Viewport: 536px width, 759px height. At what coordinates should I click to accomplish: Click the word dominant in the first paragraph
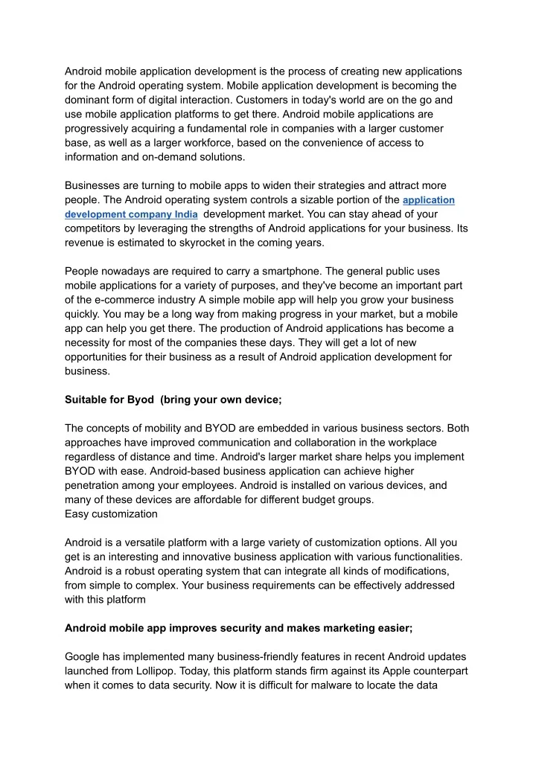tap(89, 100)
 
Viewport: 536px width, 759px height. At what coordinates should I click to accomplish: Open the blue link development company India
tap(131, 214)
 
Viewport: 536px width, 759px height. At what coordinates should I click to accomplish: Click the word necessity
tap(90, 342)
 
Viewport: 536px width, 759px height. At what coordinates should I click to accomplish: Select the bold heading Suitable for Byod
tap(173, 400)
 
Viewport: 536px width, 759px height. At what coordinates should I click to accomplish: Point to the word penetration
tap(95, 485)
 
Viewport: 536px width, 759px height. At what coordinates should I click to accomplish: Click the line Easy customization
tap(111, 513)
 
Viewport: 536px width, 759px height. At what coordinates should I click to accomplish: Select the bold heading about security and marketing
tap(238, 627)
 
